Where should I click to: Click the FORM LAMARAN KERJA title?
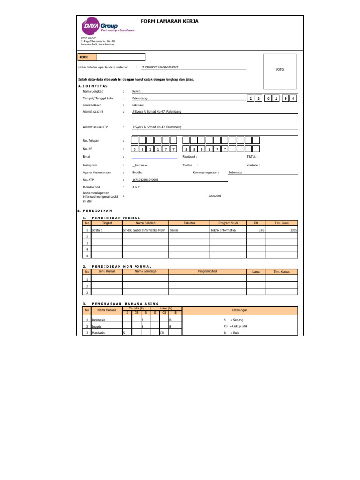pyautogui.click(x=170, y=21)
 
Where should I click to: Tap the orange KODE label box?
pyautogui.click(x=88, y=57)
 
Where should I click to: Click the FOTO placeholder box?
pyautogui.click(x=280, y=70)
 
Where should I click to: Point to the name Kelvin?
pyautogui.click(x=137, y=91)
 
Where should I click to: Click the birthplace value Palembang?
pyautogui.click(x=140, y=98)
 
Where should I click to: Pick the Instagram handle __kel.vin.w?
pyautogui.click(x=141, y=165)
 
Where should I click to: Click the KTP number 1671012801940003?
pyautogui.click(x=145, y=180)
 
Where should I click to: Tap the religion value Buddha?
pyautogui.click(x=137, y=172)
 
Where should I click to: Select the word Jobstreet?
pyautogui.click(x=215, y=196)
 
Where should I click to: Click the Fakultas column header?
pyautogui.click(x=189, y=223)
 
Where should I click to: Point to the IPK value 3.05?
pyautogui.click(x=261, y=231)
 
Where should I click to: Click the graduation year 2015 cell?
pyautogui.click(x=293, y=231)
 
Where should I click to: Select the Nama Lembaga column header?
pyautogui.click(x=145, y=271)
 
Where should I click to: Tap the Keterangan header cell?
pyautogui.click(x=240, y=310)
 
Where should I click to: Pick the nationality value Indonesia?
pyautogui.click(x=235, y=172)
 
